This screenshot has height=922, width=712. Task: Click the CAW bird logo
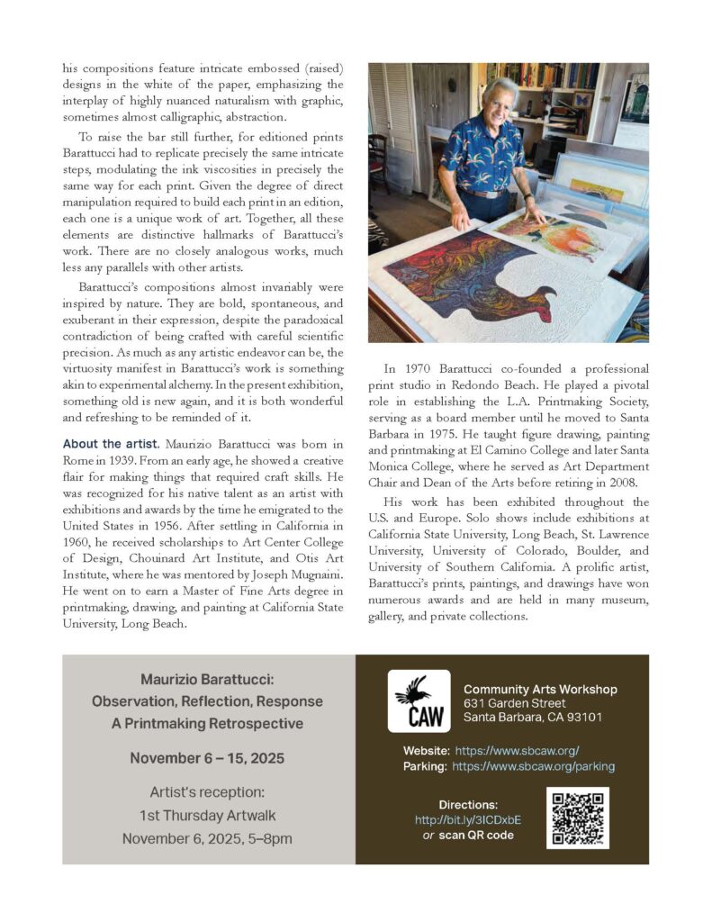click(x=419, y=701)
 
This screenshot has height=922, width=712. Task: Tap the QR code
click(x=577, y=818)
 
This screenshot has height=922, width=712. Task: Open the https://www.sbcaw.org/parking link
click(x=533, y=766)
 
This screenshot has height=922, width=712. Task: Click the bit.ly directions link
click(x=467, y=820)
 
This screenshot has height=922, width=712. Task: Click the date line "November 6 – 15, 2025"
click(x=207, y=758)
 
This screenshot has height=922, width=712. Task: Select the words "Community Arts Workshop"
click(x=540, y=689)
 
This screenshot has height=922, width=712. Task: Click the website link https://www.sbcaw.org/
click(x=517, y=750)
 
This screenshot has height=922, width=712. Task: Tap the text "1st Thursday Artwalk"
click(x=207, y=816)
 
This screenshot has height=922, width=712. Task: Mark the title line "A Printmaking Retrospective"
click(x=207, y=723)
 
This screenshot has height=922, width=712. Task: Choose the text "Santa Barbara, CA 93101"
click(x=533, y=718)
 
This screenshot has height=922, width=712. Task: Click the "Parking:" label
click(x=425, y=766)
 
